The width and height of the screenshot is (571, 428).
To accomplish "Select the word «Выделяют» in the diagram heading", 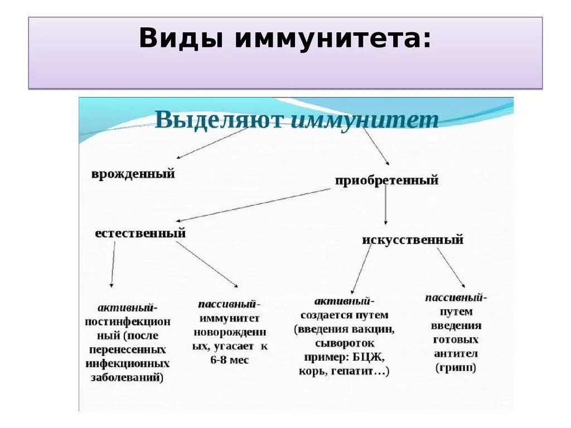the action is point(219,120).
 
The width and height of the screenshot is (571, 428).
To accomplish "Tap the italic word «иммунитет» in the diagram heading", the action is point(365,120).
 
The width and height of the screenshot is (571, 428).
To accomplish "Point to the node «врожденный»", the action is point(133,174).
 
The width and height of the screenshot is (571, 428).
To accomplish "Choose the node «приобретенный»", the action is point(386,181).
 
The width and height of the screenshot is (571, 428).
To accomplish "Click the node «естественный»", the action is point(140,233).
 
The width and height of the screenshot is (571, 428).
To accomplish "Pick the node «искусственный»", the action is point(413,240).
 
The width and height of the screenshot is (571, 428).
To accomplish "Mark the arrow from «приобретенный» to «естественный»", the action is point(254,205).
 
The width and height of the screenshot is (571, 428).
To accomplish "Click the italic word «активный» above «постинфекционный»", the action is point(127,308).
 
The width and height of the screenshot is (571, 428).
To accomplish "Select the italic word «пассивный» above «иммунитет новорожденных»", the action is point(227,304).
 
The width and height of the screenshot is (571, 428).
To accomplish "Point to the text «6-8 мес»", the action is point(230,361).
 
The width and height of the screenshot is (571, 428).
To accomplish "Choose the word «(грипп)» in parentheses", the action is point(456,368).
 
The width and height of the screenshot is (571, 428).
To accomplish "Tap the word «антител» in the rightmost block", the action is point(456,354).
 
